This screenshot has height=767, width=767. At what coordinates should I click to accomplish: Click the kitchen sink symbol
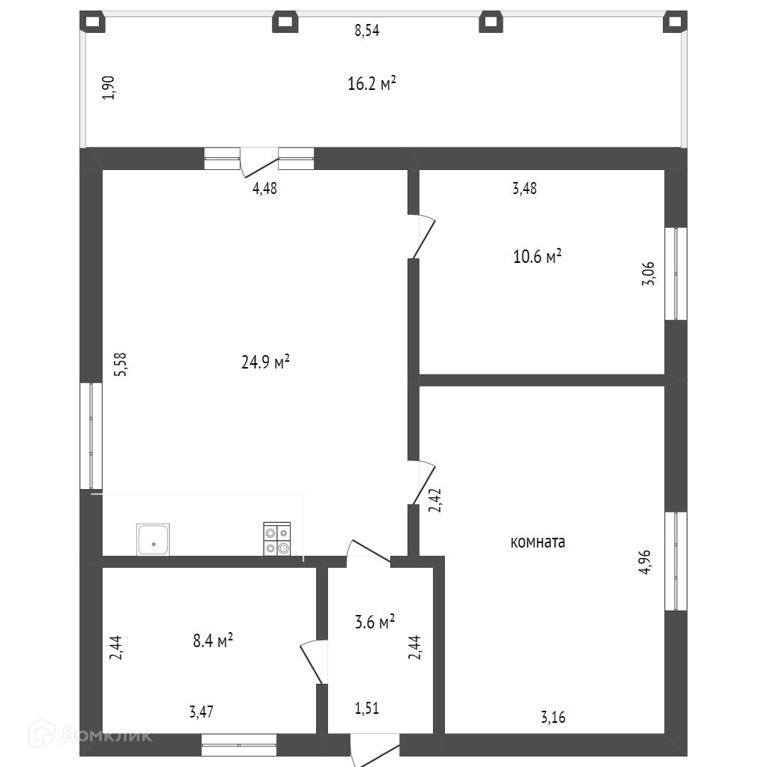point(153,539)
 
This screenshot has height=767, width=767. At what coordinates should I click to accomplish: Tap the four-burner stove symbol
point(276,539)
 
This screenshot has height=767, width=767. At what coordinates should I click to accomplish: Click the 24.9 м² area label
point(265,363)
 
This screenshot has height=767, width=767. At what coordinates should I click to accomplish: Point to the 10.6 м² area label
point(537,257)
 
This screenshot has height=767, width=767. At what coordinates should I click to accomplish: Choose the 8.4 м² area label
point(213,640)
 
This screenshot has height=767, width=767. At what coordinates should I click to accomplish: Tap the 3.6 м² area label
point(375,622)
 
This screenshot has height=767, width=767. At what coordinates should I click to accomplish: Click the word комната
point(538,542)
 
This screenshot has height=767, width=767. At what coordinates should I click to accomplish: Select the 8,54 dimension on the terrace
point(367,31)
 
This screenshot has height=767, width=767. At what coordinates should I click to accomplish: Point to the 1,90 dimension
point(109,88)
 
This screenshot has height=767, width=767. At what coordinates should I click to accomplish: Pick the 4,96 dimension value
point(644,563)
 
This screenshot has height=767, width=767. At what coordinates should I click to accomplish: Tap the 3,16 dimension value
point(553,718)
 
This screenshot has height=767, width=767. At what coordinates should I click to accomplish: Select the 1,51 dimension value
point(366,708)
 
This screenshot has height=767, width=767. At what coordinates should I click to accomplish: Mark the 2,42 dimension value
point(434,500)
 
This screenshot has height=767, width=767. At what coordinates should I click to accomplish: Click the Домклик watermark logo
point(90,735)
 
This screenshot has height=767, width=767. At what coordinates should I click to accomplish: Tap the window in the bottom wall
point(239,745)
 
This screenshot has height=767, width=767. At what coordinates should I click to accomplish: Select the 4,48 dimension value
point(264,189)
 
